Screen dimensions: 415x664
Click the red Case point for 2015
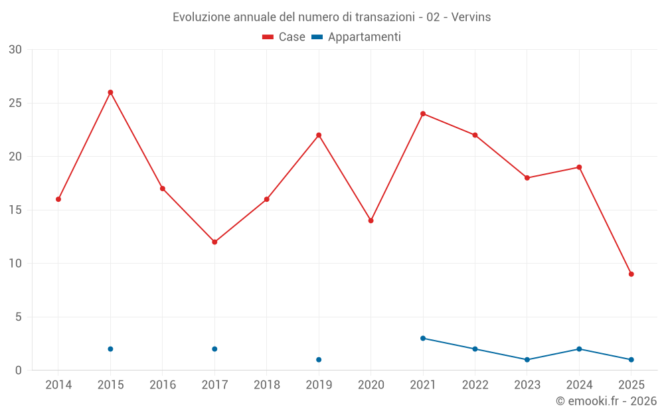click(x=110, y=92)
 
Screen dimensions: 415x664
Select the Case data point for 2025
click(x=631, y=274)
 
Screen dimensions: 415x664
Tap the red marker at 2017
click(x=214, y=242)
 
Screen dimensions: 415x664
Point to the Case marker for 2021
click(x=423, y=114)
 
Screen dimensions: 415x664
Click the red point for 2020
click(x=371, y=220)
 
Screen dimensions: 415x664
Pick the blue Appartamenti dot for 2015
click(x=110, y=349)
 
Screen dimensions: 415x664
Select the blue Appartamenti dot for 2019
click(x=319, y=360)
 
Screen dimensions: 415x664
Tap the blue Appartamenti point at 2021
click(x=423, y=338)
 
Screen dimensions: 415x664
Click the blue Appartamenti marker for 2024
click(x=579, y=349)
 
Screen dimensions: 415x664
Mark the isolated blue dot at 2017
click(x=214, y=349)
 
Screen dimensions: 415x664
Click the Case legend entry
click(x=284, y=37)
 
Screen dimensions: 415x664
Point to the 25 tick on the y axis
click(x=15, y=103)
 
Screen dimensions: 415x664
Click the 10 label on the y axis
click(x=15, y=264)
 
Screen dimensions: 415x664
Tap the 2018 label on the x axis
click(x=266, y=385)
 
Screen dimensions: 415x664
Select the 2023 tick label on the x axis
click(x=527, y=385)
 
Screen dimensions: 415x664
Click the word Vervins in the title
click(x=471, y=17)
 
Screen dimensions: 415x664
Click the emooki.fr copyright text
click(x=606, y=401)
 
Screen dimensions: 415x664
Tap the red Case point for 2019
click(x=319, y=135)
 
